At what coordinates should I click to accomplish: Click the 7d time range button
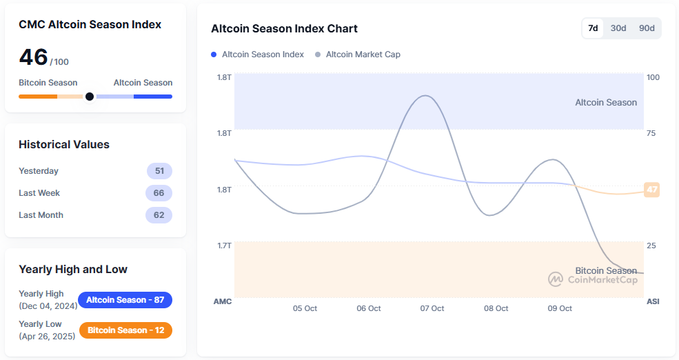click(593, 28)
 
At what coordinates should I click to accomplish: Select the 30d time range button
click(618, 28)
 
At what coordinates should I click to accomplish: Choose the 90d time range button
click(647, 28)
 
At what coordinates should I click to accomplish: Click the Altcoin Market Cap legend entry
click(357, 54)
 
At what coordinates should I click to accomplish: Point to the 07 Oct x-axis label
click(432, 308)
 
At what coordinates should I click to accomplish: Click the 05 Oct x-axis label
click(305, 308)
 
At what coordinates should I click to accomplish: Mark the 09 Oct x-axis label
click(560, 308)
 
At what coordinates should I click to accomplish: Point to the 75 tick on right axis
click(651, 133)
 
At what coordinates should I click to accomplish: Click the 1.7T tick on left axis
click(225, 245)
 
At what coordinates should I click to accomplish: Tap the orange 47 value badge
click(651, 190)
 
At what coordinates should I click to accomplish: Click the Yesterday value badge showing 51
click(159, 171)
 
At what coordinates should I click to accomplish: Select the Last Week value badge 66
click(159, 193)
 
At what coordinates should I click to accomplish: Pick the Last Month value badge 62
click(159, 215)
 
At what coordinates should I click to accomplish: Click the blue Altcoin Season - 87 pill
click(125, 300)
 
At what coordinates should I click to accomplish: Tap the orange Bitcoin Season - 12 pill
click(125, 330)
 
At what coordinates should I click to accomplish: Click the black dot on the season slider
click(89, 97)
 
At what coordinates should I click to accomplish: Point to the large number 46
click(33, 57)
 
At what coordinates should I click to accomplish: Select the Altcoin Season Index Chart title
click(284, 29)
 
